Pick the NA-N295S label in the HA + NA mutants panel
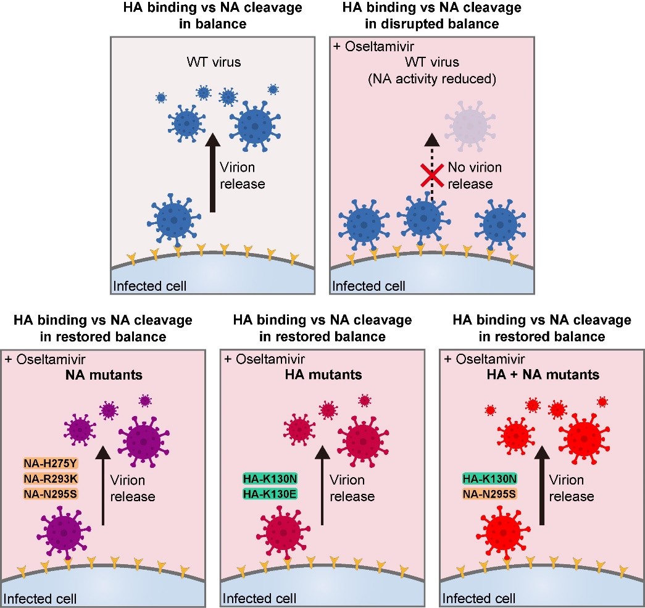(x=489, y=493)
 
